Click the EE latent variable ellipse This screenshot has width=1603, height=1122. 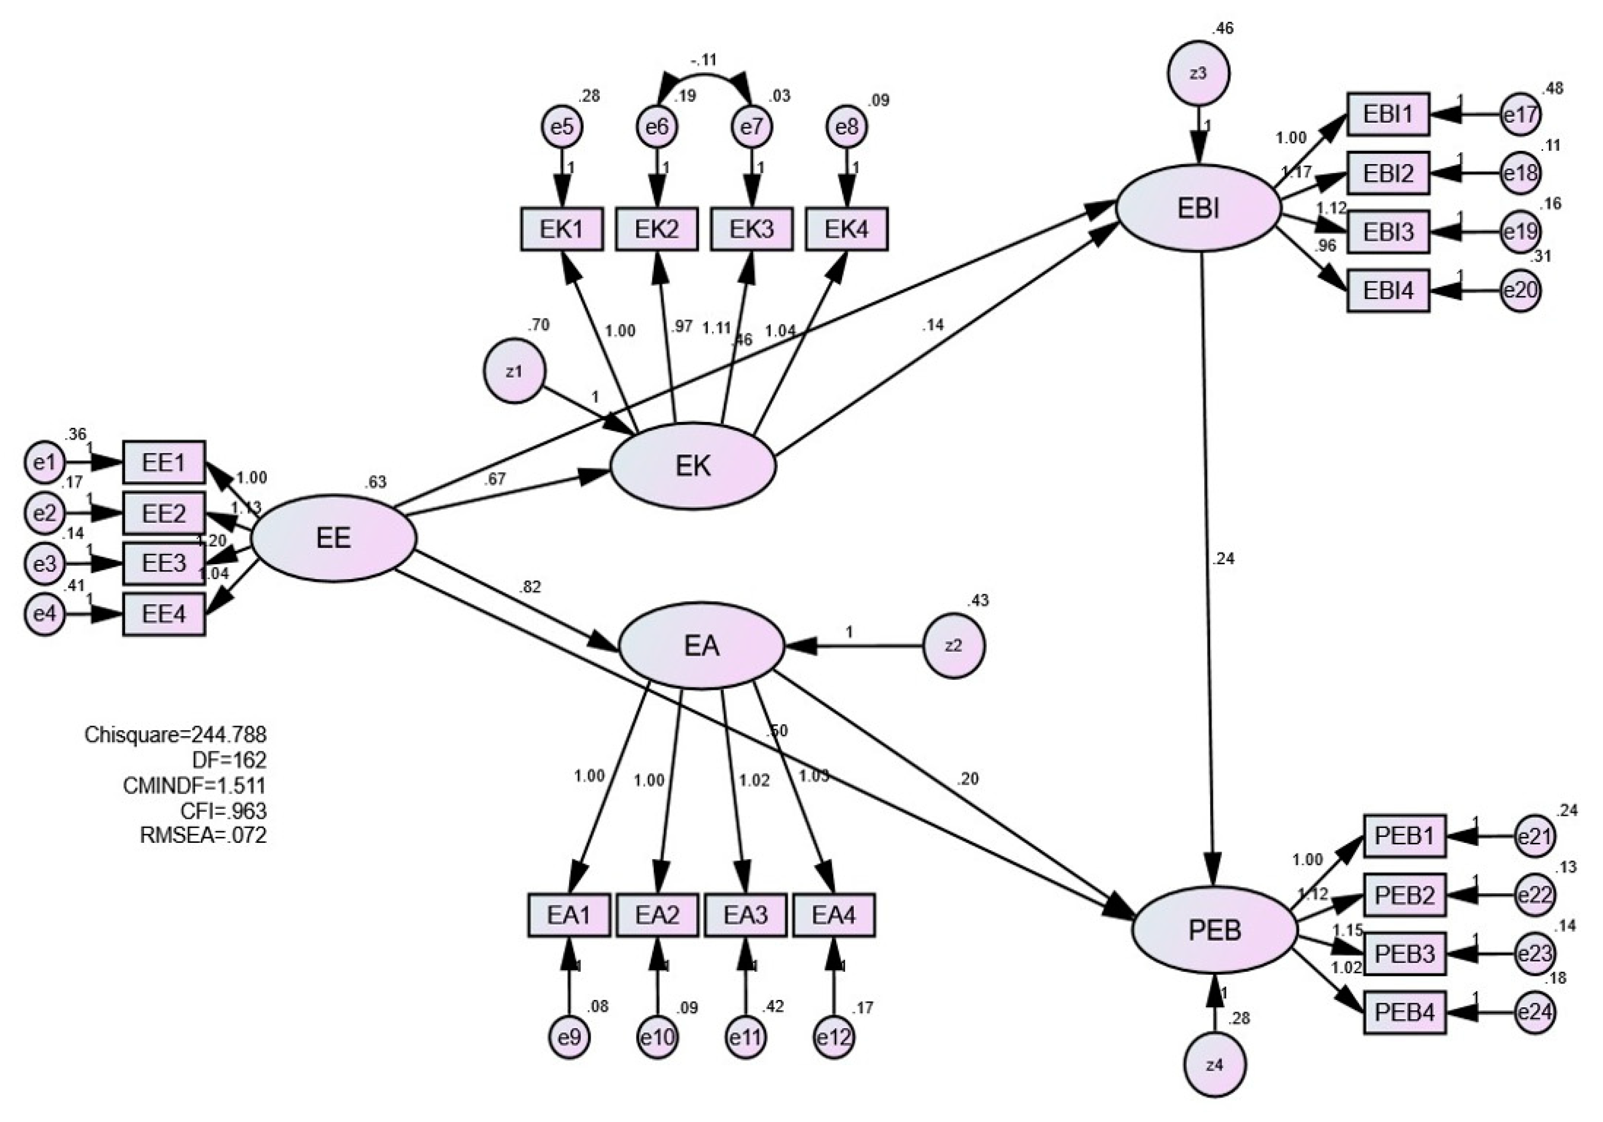point(334,539)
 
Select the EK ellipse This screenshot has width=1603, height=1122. point(693,466)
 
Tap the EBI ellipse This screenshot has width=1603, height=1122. point(1198,208)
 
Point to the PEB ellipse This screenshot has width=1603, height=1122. point(1214,930)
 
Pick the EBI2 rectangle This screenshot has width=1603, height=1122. point(1388,172)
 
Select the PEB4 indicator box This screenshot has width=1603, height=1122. point(1404,1012)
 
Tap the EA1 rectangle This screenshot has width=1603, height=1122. point(569,915)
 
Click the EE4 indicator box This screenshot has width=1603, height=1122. point(164,615)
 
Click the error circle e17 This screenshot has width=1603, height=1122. point(1520,115)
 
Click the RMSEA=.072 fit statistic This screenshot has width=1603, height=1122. point(203,835)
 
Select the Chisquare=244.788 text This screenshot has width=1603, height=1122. point(175,734)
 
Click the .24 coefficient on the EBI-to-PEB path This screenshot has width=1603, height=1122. point(1224,559)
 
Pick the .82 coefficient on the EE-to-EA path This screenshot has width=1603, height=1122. point(530,588)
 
